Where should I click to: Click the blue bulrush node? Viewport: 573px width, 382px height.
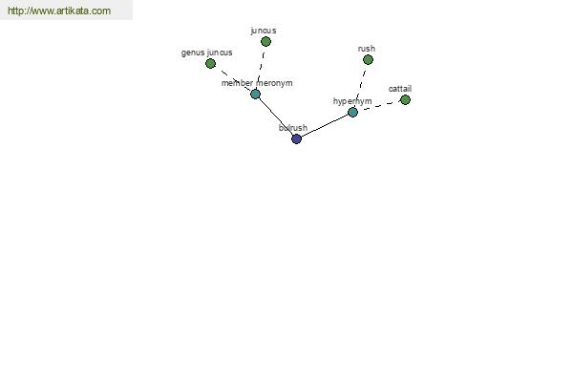296,138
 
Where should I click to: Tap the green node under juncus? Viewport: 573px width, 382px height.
265,42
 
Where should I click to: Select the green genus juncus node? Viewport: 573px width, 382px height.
210,64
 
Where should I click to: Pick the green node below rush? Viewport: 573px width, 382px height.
368,59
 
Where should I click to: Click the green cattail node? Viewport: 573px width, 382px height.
405,99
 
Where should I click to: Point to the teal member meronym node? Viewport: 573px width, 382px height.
255,95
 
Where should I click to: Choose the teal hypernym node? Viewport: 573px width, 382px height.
352,112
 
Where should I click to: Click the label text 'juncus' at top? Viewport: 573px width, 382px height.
264,31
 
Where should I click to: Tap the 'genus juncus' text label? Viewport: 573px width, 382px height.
207,53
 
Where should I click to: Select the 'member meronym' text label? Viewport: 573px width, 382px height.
257,83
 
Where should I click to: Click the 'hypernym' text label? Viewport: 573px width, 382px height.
352,101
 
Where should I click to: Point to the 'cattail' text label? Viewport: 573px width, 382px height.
400,89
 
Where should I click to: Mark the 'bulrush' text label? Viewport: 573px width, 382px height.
293,128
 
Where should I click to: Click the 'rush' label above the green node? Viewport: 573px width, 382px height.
367,49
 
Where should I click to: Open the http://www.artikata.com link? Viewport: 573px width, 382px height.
59,11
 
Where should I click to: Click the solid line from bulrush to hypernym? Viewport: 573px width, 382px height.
325,125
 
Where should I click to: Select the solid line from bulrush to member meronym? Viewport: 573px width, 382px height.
276,117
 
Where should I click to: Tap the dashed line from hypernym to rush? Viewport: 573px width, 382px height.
360,86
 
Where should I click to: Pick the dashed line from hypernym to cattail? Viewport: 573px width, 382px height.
378,106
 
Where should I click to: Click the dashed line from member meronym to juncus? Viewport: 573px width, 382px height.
261,68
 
